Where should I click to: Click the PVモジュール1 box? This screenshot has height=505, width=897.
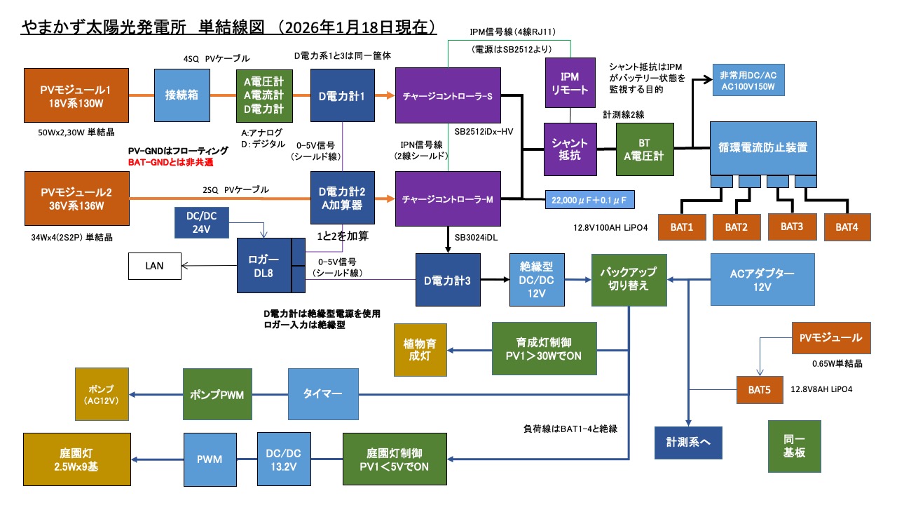pyautogui.click(x=76, y=94)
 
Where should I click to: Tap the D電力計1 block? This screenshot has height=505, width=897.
pyautogui.click(x=342, y=95)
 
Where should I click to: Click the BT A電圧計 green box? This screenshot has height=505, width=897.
pyautogui.click(x=644, y=149)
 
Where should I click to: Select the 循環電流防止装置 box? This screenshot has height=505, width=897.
pyautogui.click(x=762, y=148)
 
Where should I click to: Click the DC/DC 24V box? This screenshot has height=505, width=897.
pyautogui.click(x=202, y=220)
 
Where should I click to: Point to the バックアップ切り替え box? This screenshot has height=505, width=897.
pyautogui.click(x=629, y=280)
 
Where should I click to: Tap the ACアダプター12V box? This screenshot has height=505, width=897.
pyautogui.click(x=762, y=279)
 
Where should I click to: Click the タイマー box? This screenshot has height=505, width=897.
pyautogui.click(x=322, y=394)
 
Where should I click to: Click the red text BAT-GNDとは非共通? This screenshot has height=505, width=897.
pyautogui.click(x=171, y=162)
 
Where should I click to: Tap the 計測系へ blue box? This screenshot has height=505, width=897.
pyautogui.click(x=688, y=442)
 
